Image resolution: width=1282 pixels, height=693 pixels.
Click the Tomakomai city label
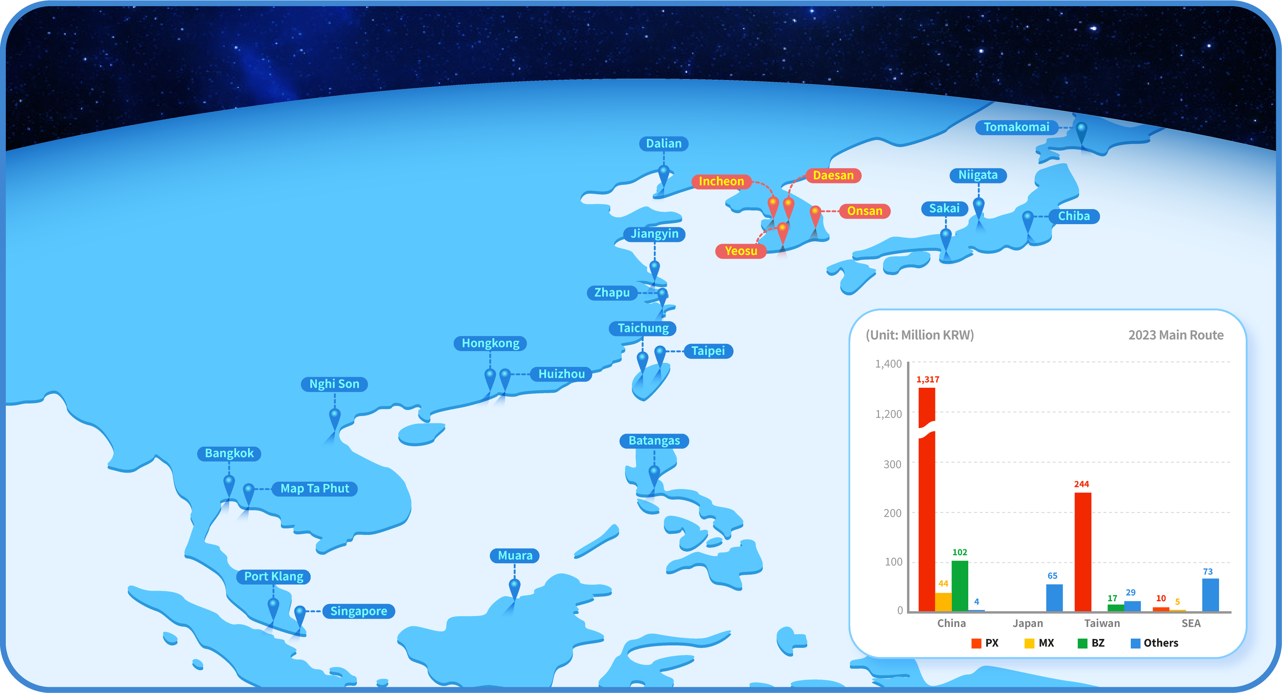[1016, 127]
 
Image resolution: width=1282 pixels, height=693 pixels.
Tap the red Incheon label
[721, 181]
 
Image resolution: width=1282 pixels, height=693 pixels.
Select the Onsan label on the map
[865, 211]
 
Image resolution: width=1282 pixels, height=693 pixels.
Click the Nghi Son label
[334, 384]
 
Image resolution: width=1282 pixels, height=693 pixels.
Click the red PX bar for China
[927, 499]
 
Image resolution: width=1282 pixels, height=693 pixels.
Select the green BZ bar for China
[959, 586]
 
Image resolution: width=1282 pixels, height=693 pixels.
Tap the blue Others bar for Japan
[1054, 598]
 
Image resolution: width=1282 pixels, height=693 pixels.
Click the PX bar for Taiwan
[1083, 552]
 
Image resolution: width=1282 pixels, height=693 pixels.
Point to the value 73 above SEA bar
[1208, 572]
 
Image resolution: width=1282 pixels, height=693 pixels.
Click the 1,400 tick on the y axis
[888, 364]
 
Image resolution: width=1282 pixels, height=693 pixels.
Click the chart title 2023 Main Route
[1176, 335]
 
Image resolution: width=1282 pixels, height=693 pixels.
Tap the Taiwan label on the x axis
[1102, 623]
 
